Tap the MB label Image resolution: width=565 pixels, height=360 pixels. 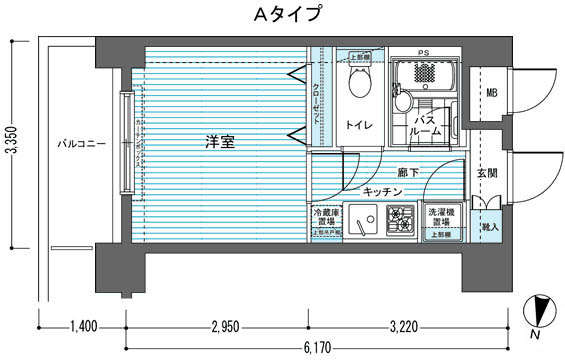[491, 94]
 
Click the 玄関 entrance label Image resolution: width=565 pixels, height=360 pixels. [487, 173]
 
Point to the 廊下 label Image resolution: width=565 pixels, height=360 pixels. [407, 172]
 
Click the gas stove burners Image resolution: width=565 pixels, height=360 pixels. [400, 218]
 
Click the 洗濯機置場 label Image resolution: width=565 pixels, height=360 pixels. [443, 217]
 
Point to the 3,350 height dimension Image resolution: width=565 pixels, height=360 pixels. [11, 145]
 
